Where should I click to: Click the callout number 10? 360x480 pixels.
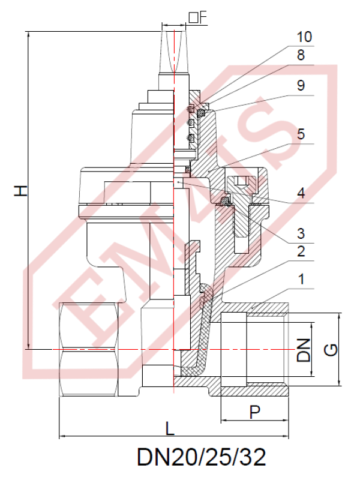pos(304,37)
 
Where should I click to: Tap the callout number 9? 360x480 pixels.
pos(304,85)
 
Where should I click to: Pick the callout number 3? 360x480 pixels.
pos(304,233)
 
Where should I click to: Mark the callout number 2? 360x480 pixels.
pos(304,251)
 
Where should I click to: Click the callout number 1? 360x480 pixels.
pos(304,279)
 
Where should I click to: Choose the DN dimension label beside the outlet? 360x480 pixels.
pos(304,349)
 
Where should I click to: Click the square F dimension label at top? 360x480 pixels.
pos(197,17)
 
